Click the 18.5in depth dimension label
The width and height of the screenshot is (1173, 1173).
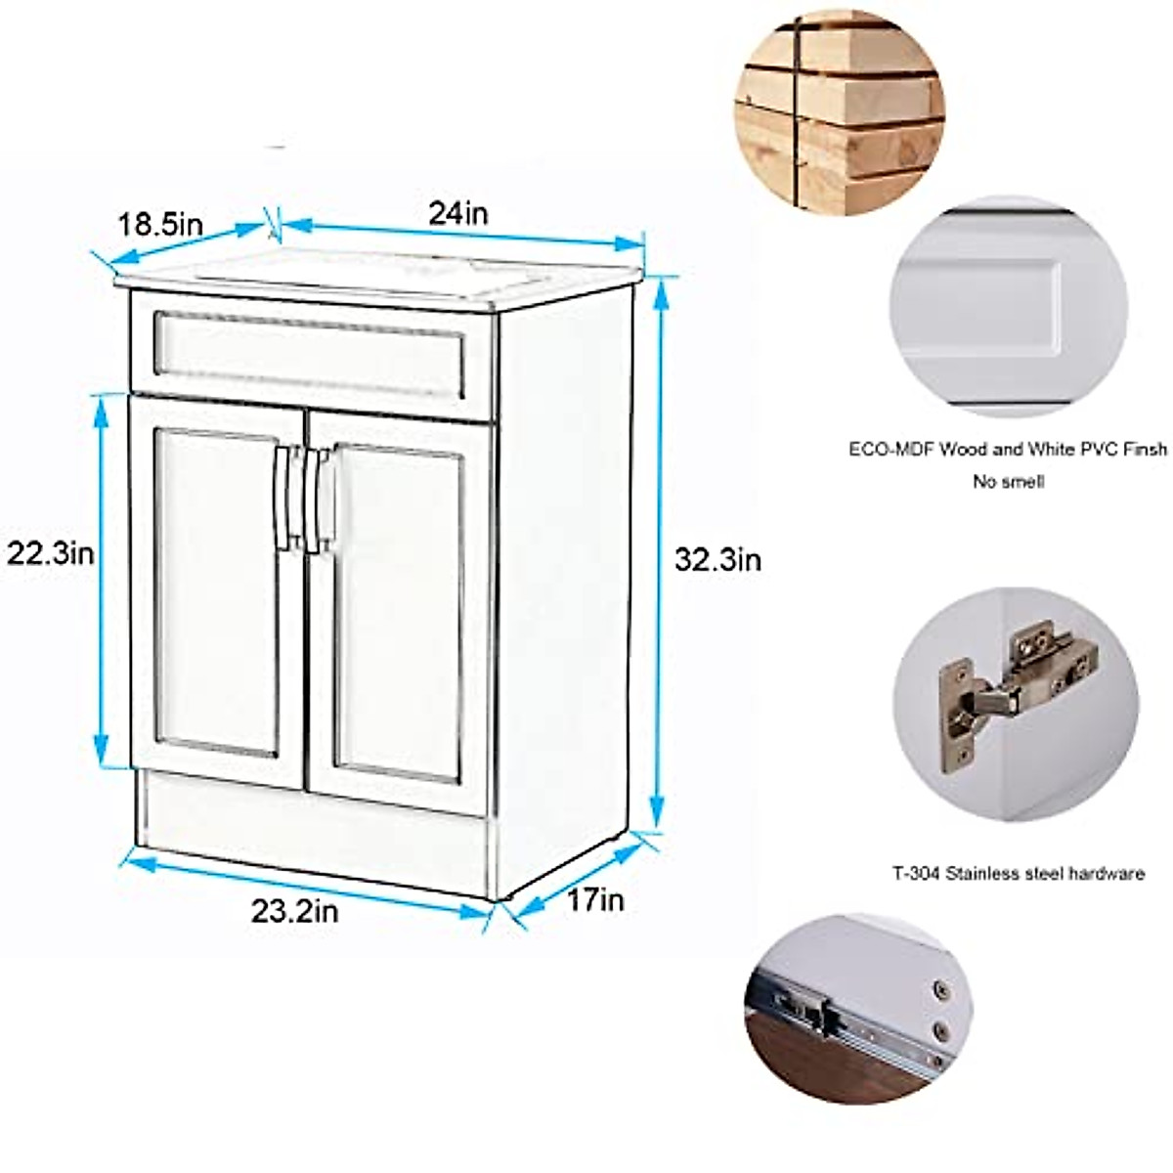click(160, 225)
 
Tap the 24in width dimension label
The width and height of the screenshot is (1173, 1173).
click(457, 213)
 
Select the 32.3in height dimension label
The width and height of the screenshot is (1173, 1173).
click(717, 560)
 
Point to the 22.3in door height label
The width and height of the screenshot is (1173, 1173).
click(51, 554)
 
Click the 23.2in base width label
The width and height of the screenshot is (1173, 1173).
click(294, 911)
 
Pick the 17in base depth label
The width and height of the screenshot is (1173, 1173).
click(595, 899)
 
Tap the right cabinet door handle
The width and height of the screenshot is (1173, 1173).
click(315, 500)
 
